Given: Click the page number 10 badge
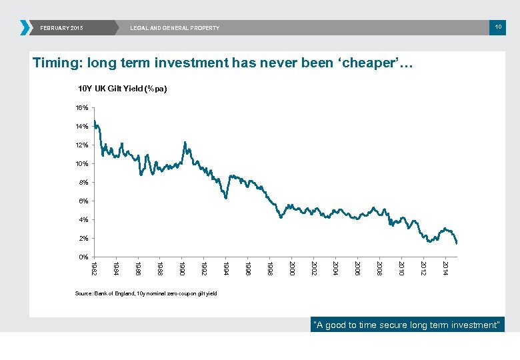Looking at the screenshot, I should coord(497,27).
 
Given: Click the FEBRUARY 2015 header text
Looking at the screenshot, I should coord(62,28).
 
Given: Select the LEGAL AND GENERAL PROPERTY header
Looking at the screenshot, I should coord(175,28).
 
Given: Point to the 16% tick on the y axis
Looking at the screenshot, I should coord(82,107).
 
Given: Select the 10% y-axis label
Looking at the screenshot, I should coord(82,163).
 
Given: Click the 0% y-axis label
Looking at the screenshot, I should coord(83,257).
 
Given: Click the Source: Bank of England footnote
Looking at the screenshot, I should coord(146,293).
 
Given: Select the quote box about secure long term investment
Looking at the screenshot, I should coord(407,325).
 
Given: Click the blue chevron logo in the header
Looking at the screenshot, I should coord(25,27).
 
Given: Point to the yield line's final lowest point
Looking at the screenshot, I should coord(457,243).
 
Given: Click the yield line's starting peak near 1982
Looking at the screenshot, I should coord(95,121).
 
